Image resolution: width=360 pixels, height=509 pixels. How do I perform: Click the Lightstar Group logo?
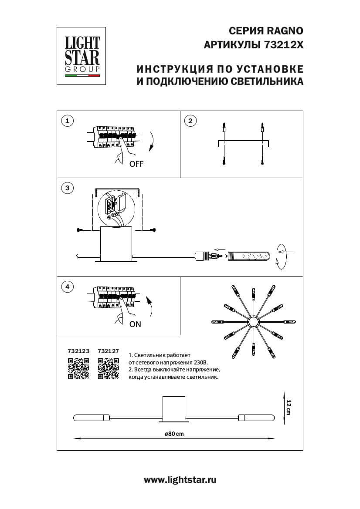point(82,55)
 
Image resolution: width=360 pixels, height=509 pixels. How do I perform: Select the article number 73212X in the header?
point(283,45)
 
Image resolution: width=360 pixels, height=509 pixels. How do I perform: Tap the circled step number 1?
point(67,121)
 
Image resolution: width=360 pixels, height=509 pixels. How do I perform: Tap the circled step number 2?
point(190,121)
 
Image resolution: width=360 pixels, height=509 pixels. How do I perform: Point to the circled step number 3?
point(67,188)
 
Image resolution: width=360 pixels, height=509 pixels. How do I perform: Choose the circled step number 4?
point(67,287)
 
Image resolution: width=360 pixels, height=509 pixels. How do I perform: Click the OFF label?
point(136,164)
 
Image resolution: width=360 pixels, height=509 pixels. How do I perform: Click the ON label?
point(135,324)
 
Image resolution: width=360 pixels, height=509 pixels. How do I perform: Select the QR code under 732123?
point(78,368)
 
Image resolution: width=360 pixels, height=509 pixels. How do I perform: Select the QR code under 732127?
point(108,368)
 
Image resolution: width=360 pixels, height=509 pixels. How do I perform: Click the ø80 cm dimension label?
point(174,433)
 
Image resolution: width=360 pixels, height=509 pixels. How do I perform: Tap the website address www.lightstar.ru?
point(180,479)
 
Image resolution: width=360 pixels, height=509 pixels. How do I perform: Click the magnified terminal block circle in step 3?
point(114,207)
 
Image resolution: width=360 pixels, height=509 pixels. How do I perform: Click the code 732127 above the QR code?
point(108,351)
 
